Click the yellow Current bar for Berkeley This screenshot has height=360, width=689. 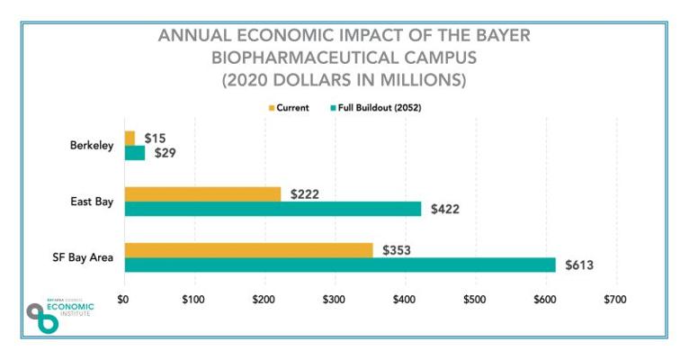(x=130, y=138)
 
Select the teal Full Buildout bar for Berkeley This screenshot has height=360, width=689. (x=134, y=153)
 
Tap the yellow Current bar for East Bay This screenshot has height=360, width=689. (x=202, y=193)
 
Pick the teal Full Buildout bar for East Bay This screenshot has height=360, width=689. (x=273, y=209)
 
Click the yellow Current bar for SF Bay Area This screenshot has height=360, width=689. (x=248, y=249)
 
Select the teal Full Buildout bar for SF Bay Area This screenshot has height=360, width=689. (x=339, y=265)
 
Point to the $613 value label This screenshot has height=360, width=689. (x=579, y=265)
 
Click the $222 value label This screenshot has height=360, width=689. (x=305, y=193)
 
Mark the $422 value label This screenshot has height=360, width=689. (x=444, y=209)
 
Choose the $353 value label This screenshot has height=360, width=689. (x=397, y=249)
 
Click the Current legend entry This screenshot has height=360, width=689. (x=289, y=108)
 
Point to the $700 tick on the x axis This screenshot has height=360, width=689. (x=615, y=297)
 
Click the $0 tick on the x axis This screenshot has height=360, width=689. (x=124, y=297)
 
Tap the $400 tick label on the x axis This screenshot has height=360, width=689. (x=404, y=297)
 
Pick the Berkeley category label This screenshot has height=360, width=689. (x=92, y=146)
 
